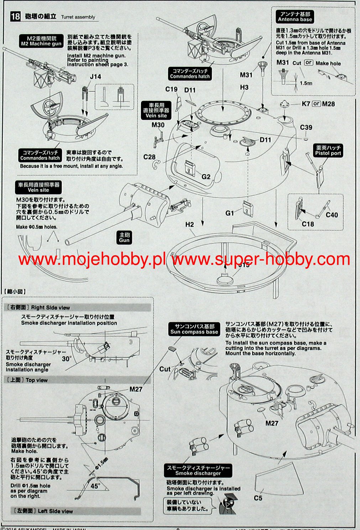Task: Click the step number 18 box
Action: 15,16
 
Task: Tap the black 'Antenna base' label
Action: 294,17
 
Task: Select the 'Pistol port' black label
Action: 328,150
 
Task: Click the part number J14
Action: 95,77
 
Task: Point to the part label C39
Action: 306,127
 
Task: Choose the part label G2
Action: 206,177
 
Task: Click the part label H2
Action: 189,225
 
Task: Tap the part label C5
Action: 258,498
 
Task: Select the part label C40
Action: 332,215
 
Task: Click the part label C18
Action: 308,224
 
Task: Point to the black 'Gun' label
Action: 124,237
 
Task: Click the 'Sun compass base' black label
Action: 194,329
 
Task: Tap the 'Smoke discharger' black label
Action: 198,470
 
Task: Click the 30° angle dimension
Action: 67,359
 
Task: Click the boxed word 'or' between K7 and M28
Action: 316,104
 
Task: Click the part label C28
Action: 150,157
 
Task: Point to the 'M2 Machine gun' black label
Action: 41,41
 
